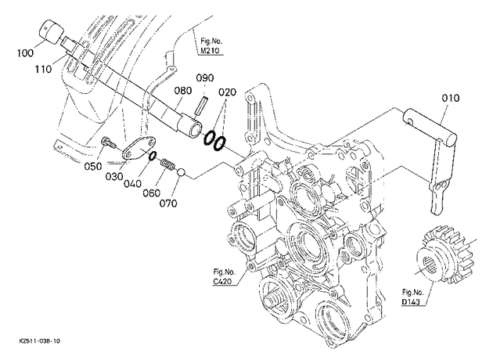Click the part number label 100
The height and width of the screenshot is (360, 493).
(x=25, y=52)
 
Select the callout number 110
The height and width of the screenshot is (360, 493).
(x=43, y=69)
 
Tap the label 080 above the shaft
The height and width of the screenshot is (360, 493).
(x=183, y=91)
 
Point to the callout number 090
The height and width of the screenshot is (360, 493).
(x=205, y=77)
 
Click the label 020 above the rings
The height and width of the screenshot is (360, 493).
(x=227, y=92)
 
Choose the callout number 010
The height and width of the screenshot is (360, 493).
(x=451, y=98)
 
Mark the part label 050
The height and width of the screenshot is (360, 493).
(x=93, y=166)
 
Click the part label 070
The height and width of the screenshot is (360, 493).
(x=168, y=203)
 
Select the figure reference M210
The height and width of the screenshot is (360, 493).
(x=210, y=51)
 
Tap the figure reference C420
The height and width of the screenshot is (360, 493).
(x=222, y=281)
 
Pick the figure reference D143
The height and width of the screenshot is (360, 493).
(x=411, y=302)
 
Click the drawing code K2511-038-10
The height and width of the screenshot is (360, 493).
(x=40, y=341)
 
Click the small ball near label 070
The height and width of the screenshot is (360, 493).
(x=181, y=173)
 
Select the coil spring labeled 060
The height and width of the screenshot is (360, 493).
(x=167, y=165)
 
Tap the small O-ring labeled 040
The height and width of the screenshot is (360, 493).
(x=153, y=156)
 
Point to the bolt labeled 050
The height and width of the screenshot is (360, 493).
(x=108, y=143)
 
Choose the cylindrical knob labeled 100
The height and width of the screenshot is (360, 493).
(x=52, y=32)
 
